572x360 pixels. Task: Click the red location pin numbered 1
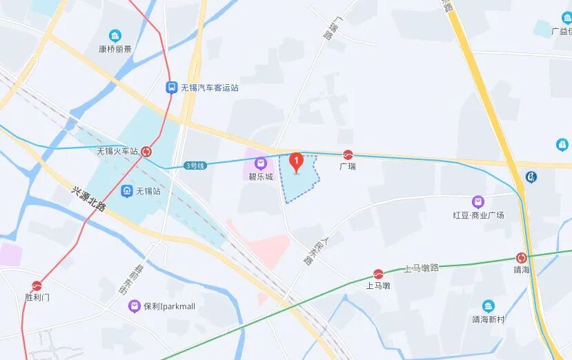coord(297,162)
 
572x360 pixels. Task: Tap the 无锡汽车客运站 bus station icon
coord(171,88)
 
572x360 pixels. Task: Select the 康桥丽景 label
coord(115,49)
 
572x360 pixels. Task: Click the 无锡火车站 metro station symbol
coord(147,152)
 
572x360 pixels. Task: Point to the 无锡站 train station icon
coord(126,190)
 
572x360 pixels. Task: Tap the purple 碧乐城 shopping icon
coord(261,163)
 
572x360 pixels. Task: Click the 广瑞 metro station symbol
coord(348,154)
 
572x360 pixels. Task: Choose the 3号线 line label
coord(195,166)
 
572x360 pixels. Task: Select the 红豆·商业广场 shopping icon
coord(478,202)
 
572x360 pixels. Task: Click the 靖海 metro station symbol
coord(522,257)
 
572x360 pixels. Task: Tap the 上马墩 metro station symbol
coord(378,273)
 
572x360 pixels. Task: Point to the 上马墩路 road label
coord(421,268)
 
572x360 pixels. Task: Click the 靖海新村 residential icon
coord(489,306)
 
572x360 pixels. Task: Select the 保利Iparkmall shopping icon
coord(135,306)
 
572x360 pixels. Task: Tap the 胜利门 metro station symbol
coord(37,285)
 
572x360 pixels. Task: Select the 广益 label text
coord(561,32)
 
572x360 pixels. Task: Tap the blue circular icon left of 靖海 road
coord(531,177)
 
